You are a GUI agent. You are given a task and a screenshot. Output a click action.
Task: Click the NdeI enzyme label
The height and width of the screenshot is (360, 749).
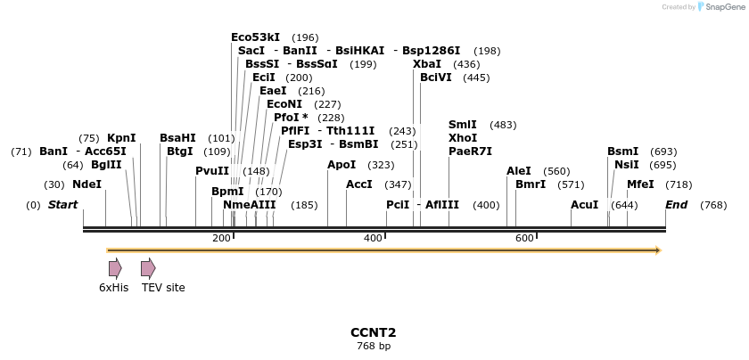point(86,184)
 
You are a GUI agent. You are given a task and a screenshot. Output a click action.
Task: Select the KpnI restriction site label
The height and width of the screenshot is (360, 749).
point(121,138)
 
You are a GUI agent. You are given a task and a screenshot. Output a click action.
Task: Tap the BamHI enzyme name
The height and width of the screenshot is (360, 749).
point(177,138)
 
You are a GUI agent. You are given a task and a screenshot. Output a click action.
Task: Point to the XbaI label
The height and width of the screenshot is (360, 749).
point(426,64)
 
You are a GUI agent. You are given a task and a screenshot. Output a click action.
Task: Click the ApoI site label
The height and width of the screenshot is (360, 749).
point(342,165)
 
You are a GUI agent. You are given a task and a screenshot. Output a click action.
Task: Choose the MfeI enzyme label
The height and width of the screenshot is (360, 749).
point(640,184)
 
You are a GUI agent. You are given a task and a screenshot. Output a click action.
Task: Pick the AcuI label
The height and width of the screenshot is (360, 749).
point(585,205)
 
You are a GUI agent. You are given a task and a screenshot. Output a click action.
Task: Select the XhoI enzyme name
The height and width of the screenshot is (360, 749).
point(463,138)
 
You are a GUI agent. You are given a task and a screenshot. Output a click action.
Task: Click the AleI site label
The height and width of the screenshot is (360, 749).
point(519,171)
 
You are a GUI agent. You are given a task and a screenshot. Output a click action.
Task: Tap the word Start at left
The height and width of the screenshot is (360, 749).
point(62,205)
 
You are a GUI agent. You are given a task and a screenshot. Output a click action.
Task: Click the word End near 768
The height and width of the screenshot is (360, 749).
point(677,205)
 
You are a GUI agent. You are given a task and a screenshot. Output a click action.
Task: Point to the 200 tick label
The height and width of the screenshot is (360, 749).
point(221,238)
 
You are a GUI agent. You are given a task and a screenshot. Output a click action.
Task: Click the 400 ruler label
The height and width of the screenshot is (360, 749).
point(373,238)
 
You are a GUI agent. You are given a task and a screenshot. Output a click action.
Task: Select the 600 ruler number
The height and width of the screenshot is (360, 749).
point(524,238)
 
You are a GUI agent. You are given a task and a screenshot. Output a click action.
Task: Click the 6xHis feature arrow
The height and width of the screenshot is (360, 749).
point(115,267)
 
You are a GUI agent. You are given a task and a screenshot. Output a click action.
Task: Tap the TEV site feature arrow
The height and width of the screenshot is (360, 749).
point(148,267)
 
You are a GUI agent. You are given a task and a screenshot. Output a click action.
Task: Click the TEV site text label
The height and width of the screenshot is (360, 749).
point(163,288)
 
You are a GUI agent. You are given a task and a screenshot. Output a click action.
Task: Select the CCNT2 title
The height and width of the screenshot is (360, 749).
point(373,332)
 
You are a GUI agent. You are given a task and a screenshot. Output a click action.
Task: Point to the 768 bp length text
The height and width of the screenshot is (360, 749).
point(373,346)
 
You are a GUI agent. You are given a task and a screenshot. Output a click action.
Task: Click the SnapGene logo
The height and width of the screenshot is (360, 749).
point(720,7)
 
